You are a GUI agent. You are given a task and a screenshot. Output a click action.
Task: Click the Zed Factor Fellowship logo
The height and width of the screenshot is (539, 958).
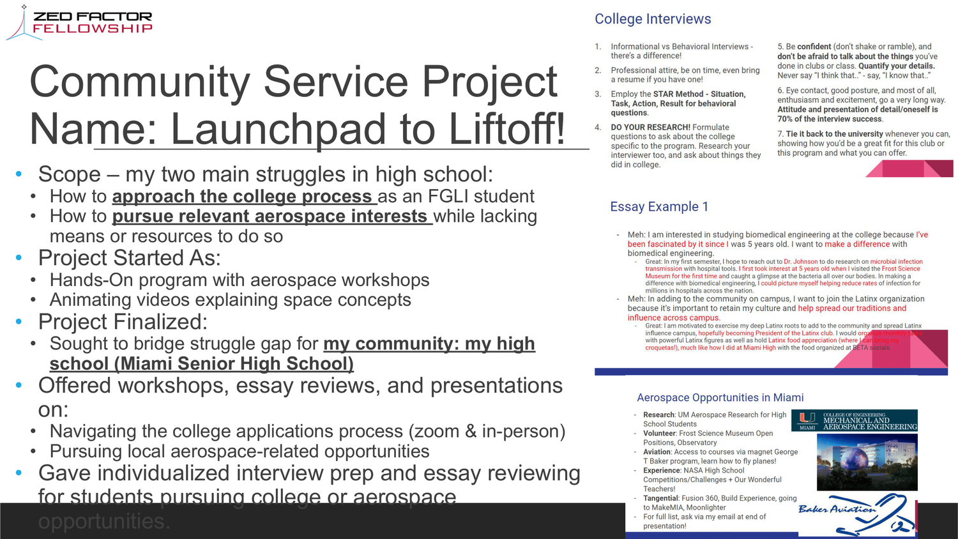pos(80,22)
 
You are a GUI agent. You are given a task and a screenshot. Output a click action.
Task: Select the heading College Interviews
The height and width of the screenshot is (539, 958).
pos(653,19)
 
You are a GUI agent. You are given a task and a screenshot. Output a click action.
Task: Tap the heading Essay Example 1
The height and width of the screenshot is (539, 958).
pos(658,207)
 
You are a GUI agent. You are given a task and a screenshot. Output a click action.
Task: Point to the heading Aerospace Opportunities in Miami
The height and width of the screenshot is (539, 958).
pos(720,397)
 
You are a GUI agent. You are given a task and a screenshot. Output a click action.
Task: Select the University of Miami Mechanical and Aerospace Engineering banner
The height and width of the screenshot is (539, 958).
pos(855,420)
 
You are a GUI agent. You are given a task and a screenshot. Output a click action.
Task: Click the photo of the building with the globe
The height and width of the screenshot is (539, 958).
pos(867,462)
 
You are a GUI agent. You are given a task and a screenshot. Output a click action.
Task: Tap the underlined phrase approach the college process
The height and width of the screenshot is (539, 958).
pos(242,196)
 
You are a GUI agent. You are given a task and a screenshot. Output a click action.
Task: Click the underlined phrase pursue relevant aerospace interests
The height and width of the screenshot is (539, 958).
pos(270,216)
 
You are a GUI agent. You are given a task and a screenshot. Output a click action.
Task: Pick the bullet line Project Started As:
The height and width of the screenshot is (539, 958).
pos(129,258)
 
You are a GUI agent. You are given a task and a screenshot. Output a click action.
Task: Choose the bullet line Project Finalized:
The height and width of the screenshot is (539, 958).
pos(123,322)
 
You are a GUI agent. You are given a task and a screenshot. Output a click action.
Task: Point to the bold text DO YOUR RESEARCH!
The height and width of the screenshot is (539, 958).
pos(650,128)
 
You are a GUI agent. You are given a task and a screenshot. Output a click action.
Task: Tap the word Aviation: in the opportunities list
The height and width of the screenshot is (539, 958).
pos(657,452)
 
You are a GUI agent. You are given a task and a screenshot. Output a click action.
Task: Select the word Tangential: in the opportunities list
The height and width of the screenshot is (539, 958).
pos(660,498)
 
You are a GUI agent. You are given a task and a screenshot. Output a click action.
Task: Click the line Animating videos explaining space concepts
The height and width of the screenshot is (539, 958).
pos(230,300)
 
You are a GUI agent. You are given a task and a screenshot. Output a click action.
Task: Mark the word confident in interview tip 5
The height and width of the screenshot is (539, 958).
pos(814,47)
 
